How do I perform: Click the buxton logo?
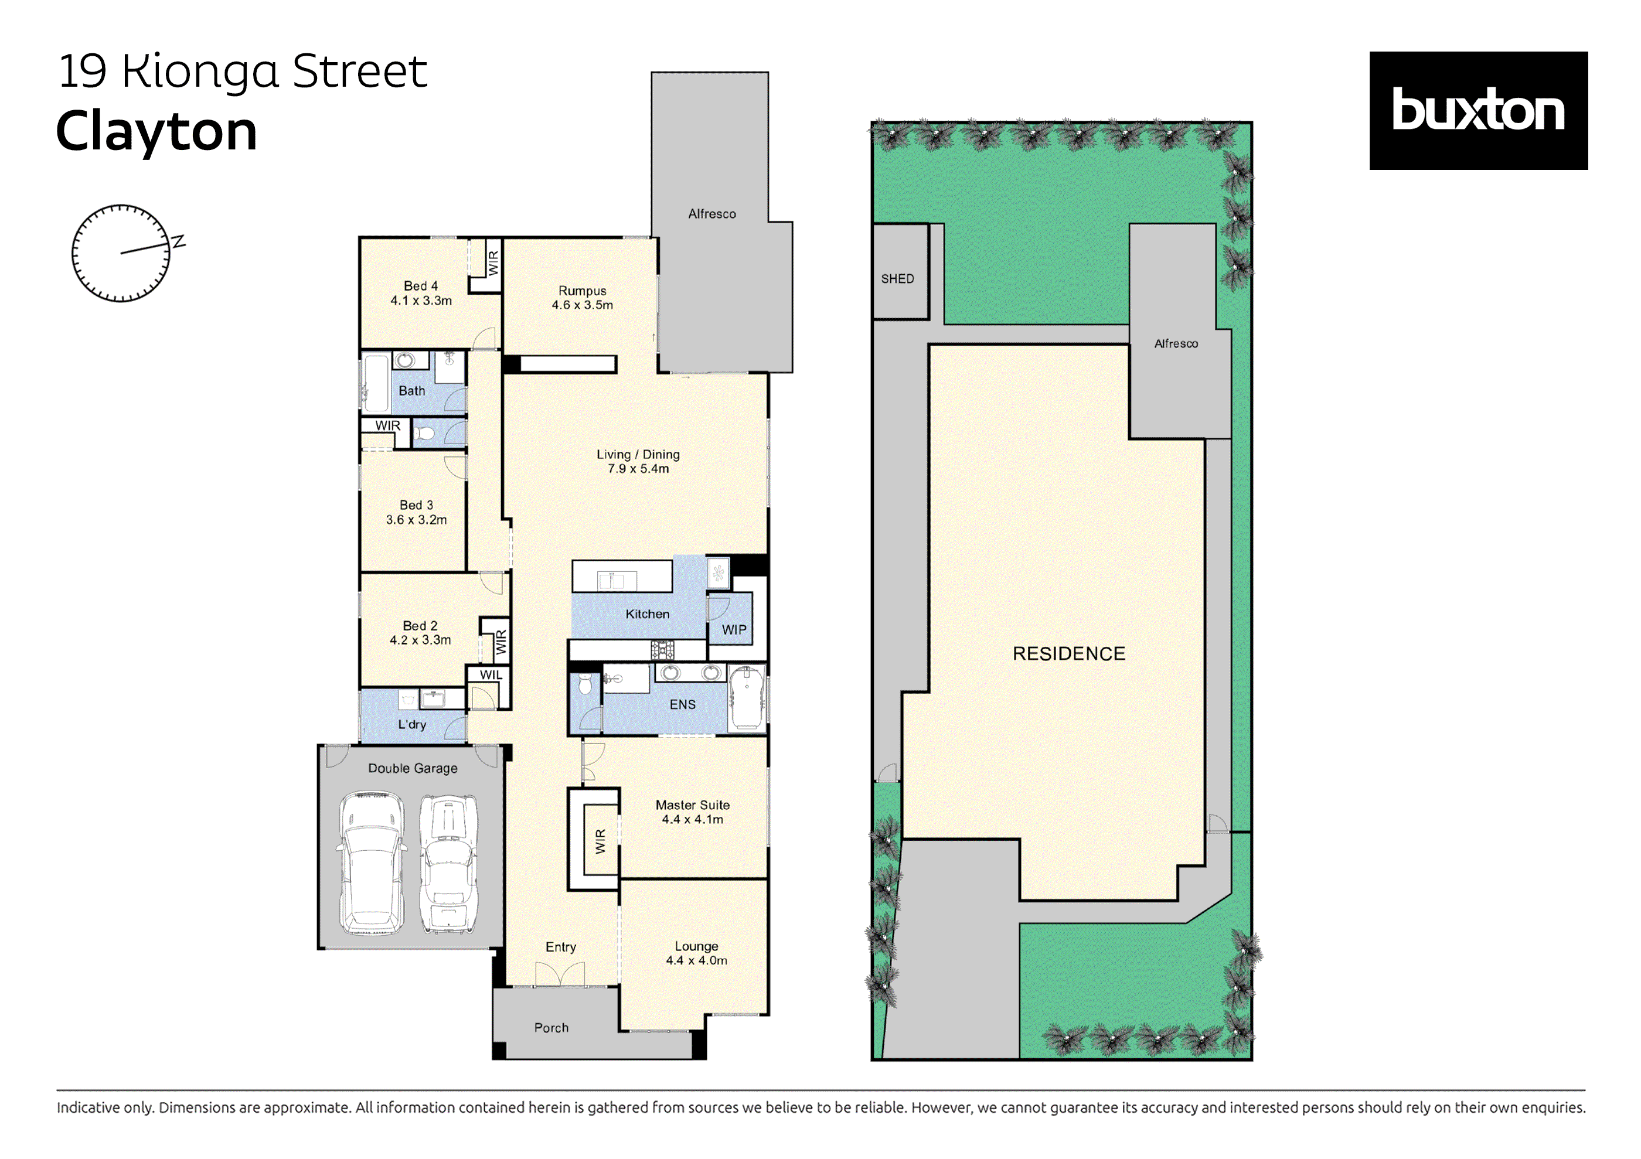(x=1477, y=111)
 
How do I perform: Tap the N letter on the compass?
(x=178, y=241)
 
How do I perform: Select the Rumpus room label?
(x=582, y=291)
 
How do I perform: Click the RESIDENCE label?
(x=1068, y=653)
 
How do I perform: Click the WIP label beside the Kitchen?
(x=733, y=629)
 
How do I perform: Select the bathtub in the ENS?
(x=746, y=697)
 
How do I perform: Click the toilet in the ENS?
(x=585, y=684)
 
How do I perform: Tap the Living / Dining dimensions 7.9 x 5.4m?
(x=638, y=469)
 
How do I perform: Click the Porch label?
(x=551, y=1028)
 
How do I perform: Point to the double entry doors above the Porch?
(x=560, y=974)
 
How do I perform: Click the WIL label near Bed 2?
(x=491, y=674)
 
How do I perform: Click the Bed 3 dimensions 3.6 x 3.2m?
(x=416, y=520)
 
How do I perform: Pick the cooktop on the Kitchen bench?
(x=662, y=650)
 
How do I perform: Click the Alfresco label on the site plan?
(x=1176, y=344)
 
